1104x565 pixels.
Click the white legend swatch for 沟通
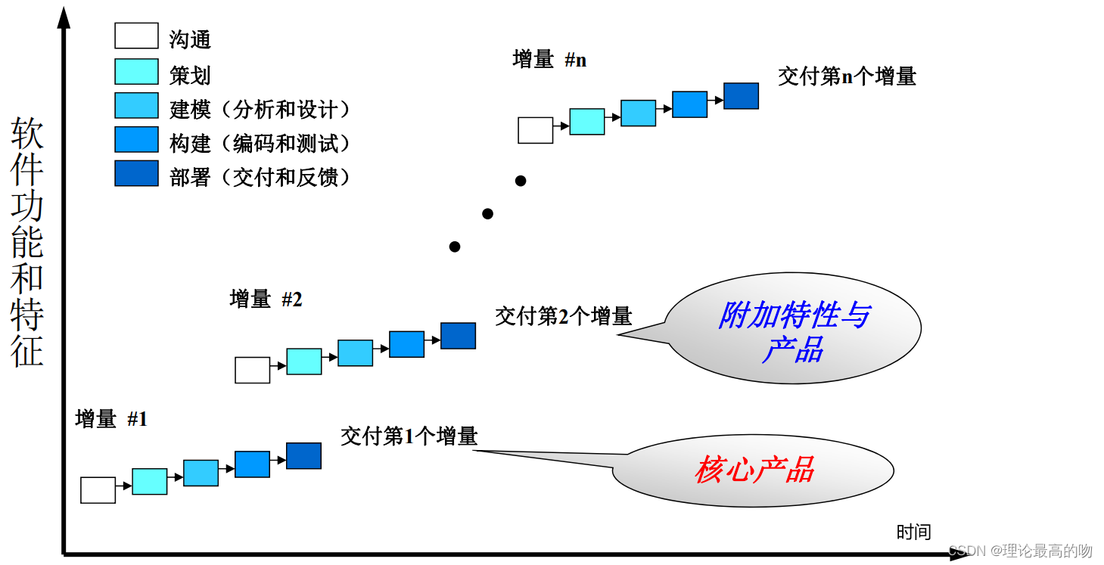136,36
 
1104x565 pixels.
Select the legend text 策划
190,75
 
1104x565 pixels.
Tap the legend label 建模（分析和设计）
260,109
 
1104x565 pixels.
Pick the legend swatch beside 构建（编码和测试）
136,139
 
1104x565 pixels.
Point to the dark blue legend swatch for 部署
136,173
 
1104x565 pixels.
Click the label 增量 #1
111,418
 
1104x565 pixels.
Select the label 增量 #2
266,299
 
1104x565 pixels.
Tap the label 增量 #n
549,60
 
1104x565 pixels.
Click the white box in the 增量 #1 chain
98,490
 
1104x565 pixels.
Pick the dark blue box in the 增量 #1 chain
303,456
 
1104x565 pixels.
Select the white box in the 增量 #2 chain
252,370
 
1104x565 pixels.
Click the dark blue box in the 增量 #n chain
741,96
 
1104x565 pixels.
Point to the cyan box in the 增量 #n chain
586,122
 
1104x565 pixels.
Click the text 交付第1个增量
409,436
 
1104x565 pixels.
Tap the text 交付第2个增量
563,315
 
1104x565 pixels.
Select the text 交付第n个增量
847,76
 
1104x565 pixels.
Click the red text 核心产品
754,470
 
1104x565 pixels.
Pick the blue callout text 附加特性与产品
793,332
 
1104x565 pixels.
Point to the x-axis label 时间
913,532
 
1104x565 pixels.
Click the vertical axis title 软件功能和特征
27,242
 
